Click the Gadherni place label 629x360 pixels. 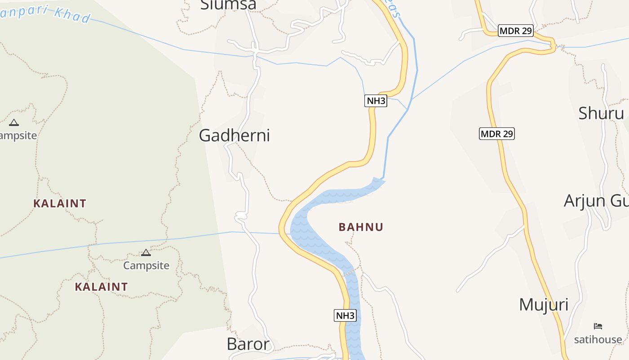tap(234, 135)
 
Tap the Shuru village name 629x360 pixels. tap(601, 113)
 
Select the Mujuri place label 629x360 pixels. tap(544, 305)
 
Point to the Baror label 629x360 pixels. tap(248, 344)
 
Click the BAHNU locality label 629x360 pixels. tap(361, 227)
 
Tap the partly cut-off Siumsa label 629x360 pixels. tap(228, 4)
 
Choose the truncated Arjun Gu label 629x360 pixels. tap(596, 201)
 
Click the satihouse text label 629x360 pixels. tap(598, 339)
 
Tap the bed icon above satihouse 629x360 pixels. tap(598, 326)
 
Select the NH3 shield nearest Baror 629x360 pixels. tap(345, 315)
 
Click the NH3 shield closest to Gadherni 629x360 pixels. tap(376, 101)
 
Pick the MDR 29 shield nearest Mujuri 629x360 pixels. tap(496, 134)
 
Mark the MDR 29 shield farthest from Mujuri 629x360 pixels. tap(515, 31)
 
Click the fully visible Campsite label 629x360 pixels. tap(146, 265)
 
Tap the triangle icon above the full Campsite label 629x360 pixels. tap(146, 253)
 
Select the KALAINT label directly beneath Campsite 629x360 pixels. tap(101, 287)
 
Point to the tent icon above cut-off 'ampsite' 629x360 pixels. tap(14, 122)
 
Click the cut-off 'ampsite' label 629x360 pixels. tap(18, 135)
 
